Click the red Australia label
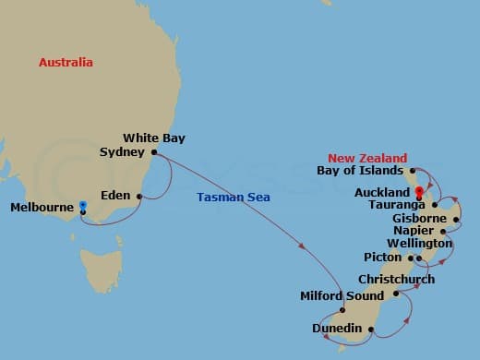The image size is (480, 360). (66, 63)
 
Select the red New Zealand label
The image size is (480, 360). (366, 158)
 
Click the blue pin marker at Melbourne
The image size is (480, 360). (82, 206)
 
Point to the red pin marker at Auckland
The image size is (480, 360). (419, 193)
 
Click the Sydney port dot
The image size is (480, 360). (154, 152)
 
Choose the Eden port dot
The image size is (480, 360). (139, 196)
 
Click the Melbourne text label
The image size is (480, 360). (41, 208)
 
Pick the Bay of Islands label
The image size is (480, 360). (359, 171)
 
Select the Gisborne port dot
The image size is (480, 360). (455, 220)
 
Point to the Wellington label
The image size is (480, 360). (419, 243)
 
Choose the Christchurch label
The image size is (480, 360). (396, 279)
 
